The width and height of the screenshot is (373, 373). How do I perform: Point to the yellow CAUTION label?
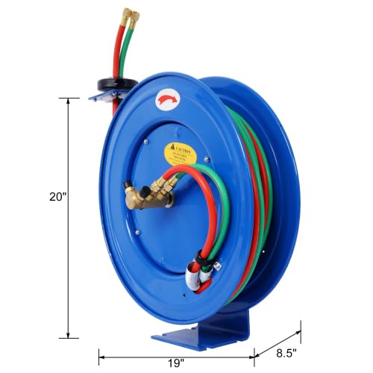click(181, 154)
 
